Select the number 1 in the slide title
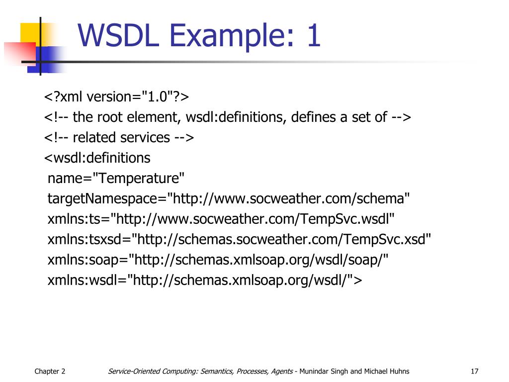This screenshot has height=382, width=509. coord(313,36)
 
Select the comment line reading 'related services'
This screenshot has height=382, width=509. coord(119,137)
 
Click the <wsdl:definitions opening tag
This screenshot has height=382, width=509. coord(97,158)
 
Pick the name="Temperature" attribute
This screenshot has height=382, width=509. coord(116,178)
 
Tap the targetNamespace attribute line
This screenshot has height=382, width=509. coord(229,199)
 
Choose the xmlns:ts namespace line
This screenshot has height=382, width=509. coord(221,219)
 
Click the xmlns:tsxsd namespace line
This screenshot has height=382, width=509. coord(239,240)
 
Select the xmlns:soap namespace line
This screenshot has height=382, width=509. coord(218,260)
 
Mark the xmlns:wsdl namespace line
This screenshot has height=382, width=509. coord(205,281)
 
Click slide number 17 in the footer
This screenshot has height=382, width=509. coord(474,372)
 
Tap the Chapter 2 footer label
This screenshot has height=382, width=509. coord(50,372)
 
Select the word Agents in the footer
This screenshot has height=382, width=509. coord(282,372)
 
